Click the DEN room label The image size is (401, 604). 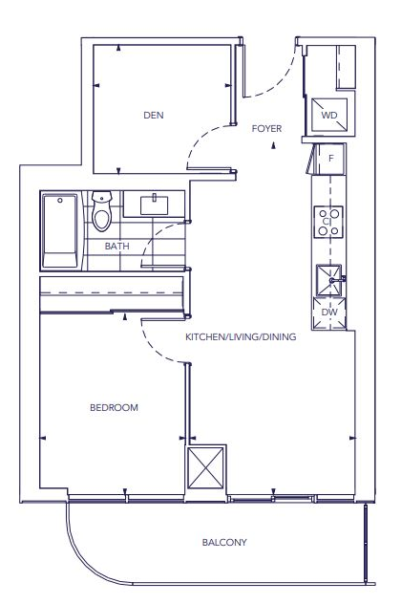point(153,116)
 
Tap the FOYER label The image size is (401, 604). point(265,127)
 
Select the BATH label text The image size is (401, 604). point(117,246)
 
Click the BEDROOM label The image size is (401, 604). point(114,408)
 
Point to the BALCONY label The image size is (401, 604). point(224,543)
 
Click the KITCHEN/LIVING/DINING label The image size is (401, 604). point(241,337)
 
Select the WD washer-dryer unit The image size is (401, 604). point(329,116)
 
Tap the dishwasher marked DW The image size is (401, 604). point(329,313)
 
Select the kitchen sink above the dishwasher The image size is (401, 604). point(329,279)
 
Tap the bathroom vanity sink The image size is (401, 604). point(155,205)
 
